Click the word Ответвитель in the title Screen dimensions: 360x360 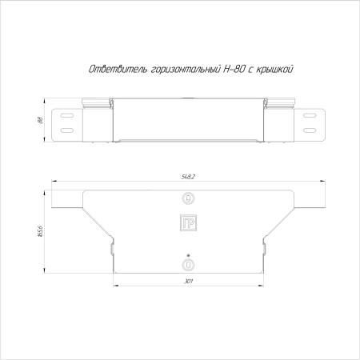[118, 69]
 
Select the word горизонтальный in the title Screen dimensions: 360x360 [186, 70]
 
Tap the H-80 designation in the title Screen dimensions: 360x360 [234, 69]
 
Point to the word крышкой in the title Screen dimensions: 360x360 [274, 69]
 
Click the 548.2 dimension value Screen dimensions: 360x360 [188, 177]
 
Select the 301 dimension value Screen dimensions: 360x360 [188, 282]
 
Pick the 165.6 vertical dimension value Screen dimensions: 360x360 [40, 231]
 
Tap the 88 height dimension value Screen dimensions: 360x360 [41, 120]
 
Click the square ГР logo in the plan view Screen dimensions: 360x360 [188, 222]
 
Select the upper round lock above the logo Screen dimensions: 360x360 [188, 198]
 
